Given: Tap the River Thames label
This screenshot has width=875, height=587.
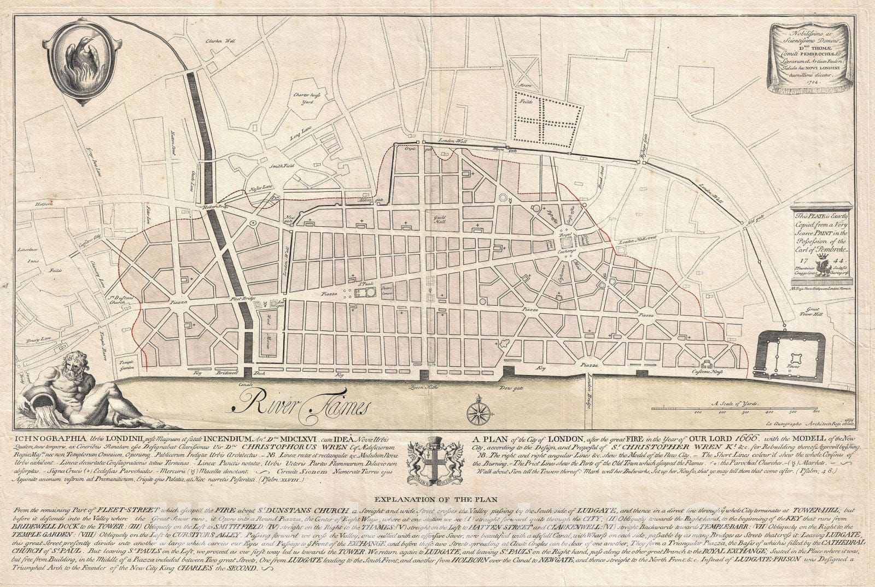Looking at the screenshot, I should pyautogui.click(x=293, y=405).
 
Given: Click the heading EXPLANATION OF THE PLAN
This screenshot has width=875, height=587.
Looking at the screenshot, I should pyautogui.click(x=437, y=498).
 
